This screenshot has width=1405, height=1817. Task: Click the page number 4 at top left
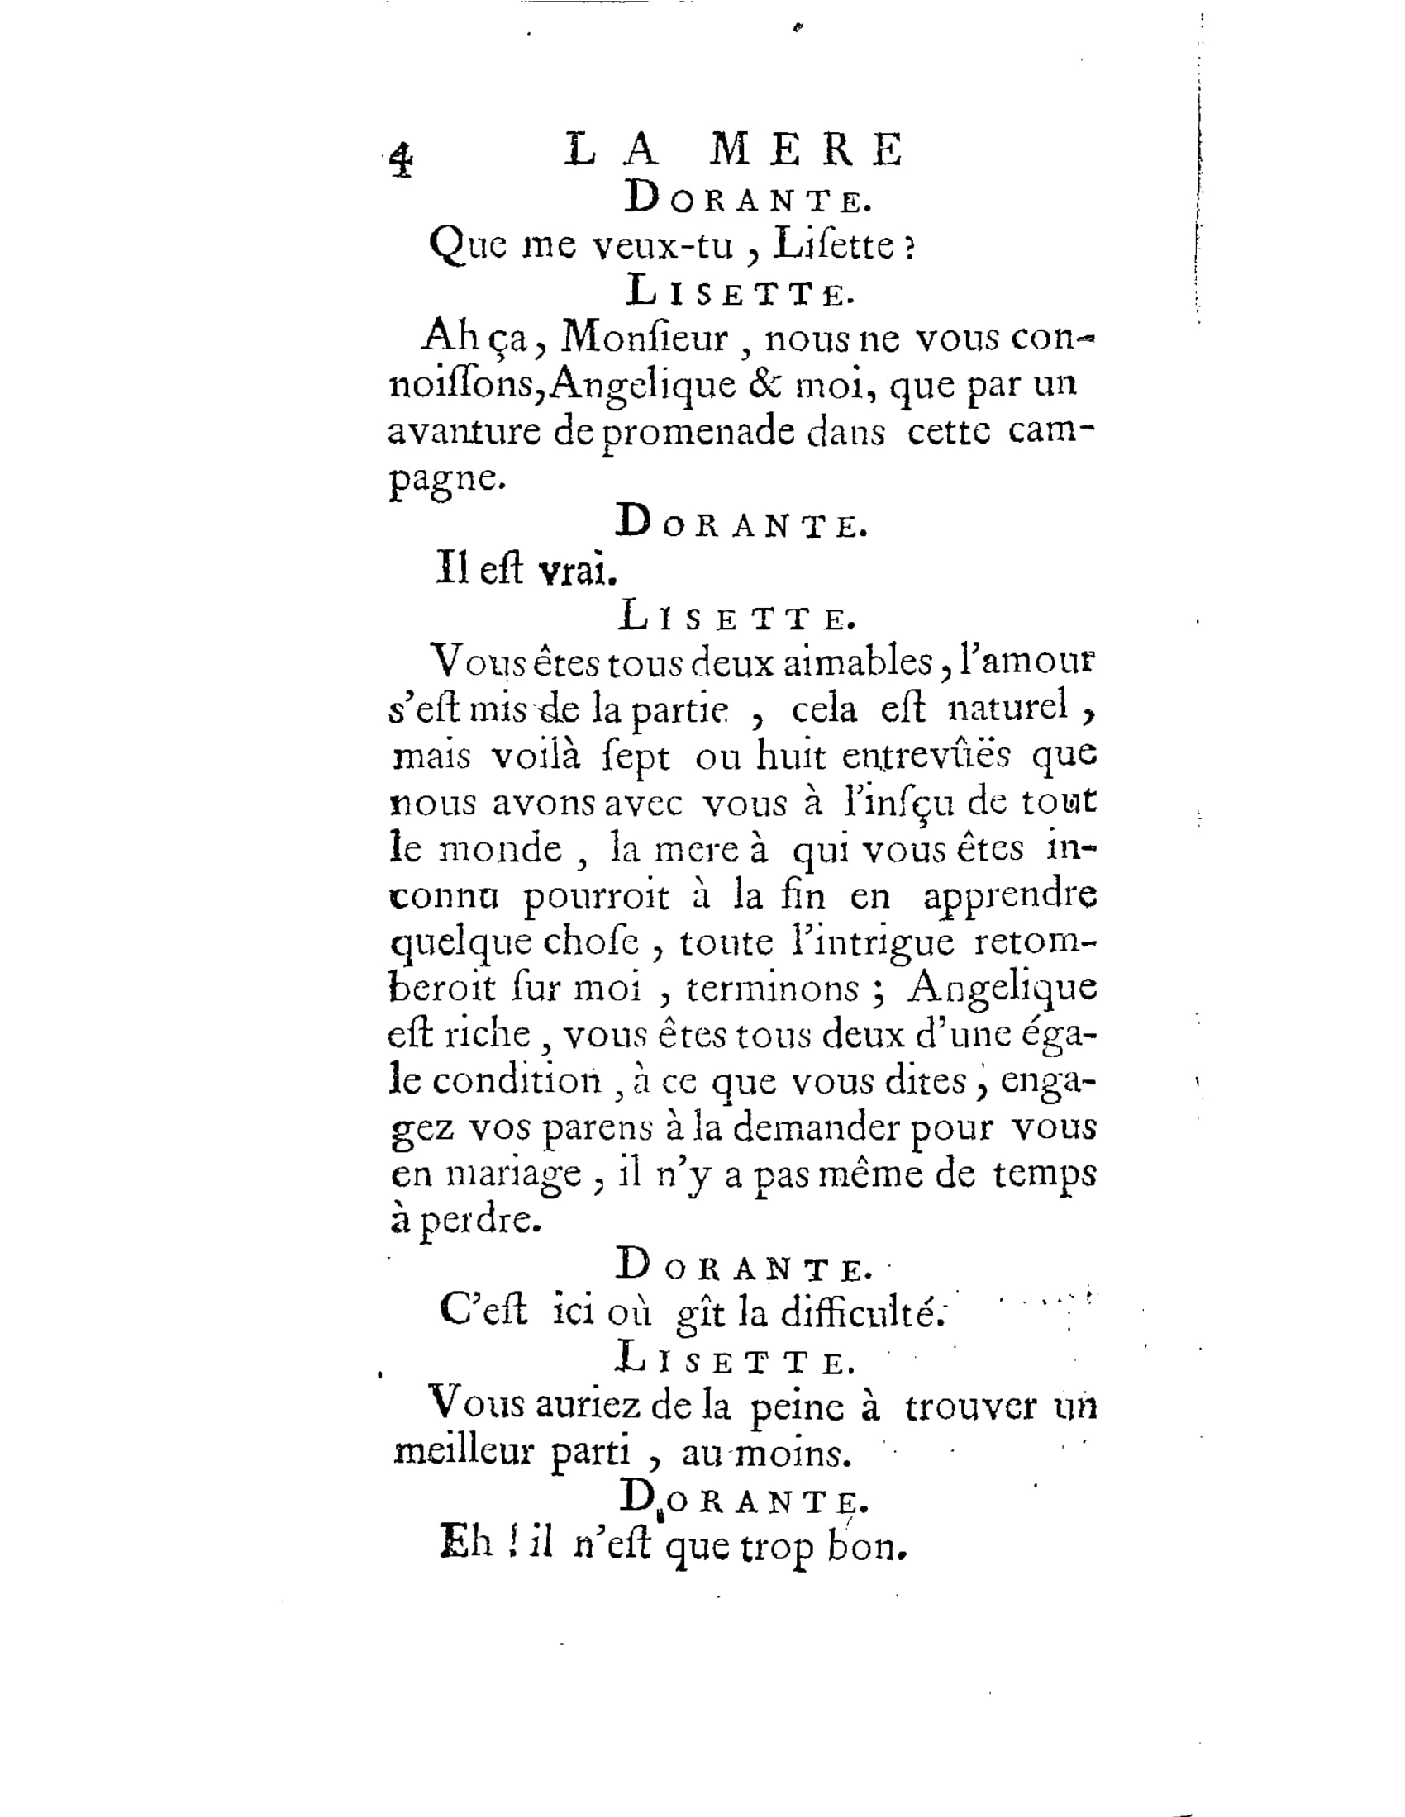tap(401, 159)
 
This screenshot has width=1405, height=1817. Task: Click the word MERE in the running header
tap(808, 150)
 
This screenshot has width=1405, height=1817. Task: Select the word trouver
tap(970, 1407)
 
